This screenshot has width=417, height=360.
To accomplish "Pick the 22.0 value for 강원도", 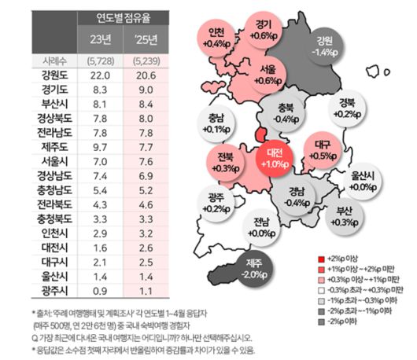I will click(x=99, y=75).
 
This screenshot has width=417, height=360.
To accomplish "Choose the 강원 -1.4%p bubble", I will click(x=323, y=46).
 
